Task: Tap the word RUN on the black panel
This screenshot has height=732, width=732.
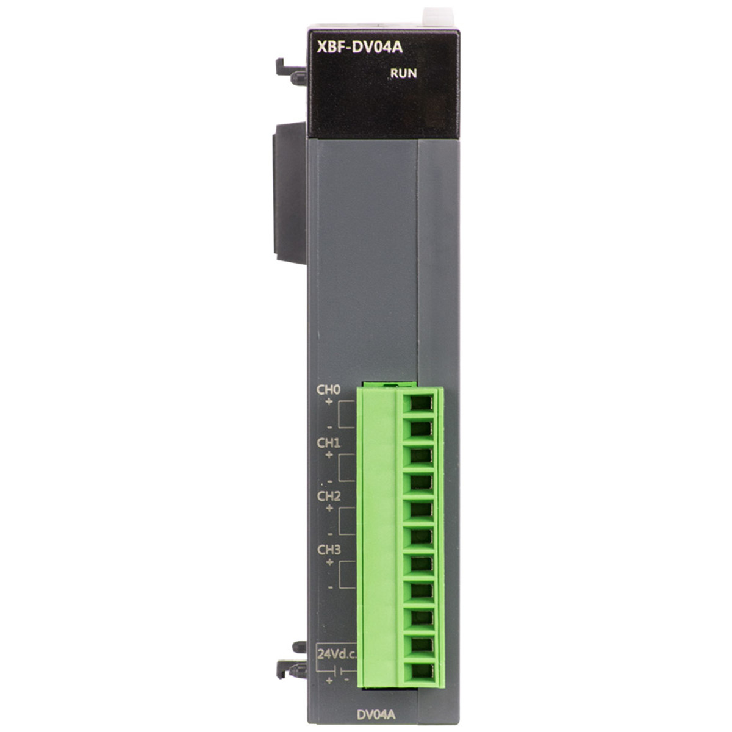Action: (x=403, y=73)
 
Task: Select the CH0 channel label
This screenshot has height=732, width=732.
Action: (x=329, y=390)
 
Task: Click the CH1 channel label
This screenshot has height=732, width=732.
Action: (x=329, y=443)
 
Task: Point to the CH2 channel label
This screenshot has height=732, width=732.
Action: (x=329, y=496)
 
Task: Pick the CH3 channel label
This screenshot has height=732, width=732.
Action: (x=329, y=550)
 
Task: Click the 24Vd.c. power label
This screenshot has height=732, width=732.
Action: (x=337, y=655)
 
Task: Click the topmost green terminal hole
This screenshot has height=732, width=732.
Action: (x=422, y=403)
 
